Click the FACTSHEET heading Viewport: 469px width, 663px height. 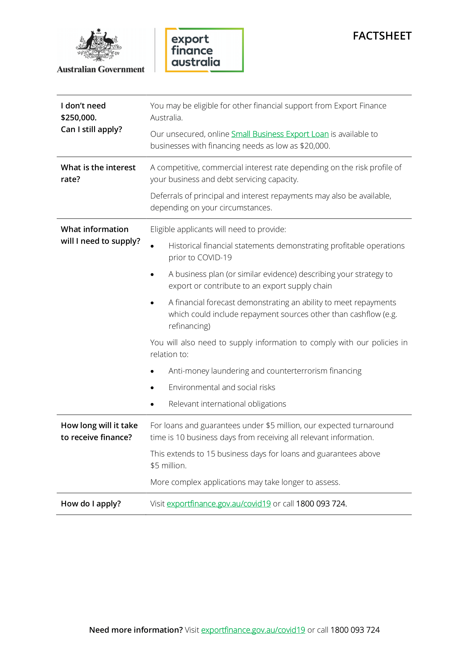(x=382, y=36)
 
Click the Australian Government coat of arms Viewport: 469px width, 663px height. (x=99, y=45)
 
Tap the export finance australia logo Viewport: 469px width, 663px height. (x=204, y=50)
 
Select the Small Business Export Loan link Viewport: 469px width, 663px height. (x=280, y=134)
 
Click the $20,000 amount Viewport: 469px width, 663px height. (x=314, y=146)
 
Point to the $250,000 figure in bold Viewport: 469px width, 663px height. (x=79, y=118)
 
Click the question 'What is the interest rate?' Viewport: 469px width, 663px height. (x=98, y=173)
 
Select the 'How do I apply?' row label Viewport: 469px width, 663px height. (x=91, y=504)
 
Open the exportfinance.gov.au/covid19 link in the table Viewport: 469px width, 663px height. (x=219, y=504)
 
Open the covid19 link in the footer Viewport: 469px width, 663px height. (x=253, y=630)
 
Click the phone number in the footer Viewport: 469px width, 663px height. (x=355, y=630)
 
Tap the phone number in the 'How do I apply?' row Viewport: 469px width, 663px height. (x=321, y=504)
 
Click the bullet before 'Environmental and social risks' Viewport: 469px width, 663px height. (x=152, y=388)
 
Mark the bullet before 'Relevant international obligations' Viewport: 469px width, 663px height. (x=152, y=404)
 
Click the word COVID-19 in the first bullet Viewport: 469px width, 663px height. (x=214, y=258)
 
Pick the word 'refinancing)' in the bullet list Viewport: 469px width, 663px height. (x=189, y=326)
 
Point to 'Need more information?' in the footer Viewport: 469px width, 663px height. (x=136, y=630)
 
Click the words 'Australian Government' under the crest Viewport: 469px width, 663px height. (x=100, y=69)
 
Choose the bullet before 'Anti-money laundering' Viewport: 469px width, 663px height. (x=152, y=371)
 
